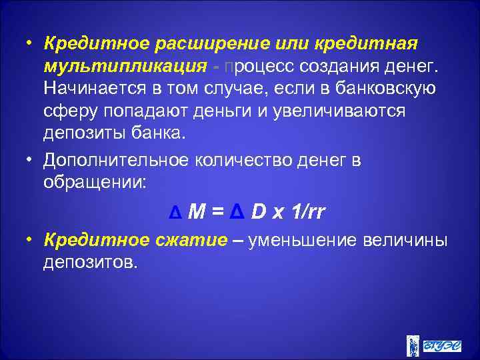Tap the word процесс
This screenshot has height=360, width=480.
(263, 66)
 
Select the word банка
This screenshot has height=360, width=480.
(155, 133)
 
